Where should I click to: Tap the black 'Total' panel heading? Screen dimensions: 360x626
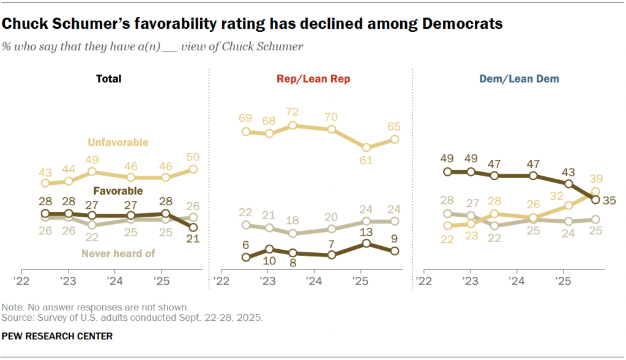(x=108, y=79)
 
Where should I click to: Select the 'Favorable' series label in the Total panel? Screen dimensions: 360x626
(x=119, y=191)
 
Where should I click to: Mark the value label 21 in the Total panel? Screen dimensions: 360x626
(x=193, y=240)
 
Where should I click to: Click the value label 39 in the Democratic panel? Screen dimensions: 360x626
(x=596, y=178)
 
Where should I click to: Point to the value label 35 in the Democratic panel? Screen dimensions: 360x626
(x=609, y=199)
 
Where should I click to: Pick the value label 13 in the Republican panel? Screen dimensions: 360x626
(x=366, y=231)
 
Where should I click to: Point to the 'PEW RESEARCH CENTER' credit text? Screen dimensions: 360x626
(x=58, y=336)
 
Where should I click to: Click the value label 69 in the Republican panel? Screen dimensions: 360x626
(x=246, y=118)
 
